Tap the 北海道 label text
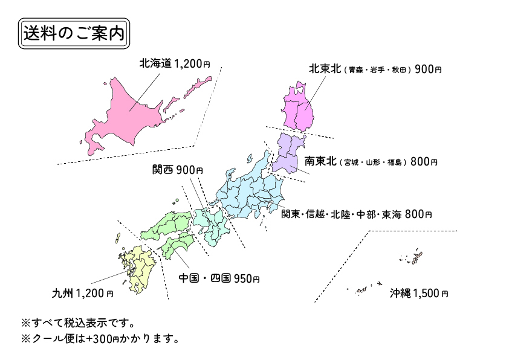pyautogui.click(x=155, y=63)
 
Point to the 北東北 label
pyautogui.click(x=325, y=69)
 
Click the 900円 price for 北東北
pyautogui.click(x=429, y=69)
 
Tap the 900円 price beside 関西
pyautogui.click(x=190, y=170)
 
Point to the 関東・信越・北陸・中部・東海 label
pyautogui.click(x=342, y=214)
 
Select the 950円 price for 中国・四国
pyautogui.click(x=247, y=278)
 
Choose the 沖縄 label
pyautogui.click(x=400, y=294)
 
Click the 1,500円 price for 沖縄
pyautogui.click(x=431, y=294)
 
